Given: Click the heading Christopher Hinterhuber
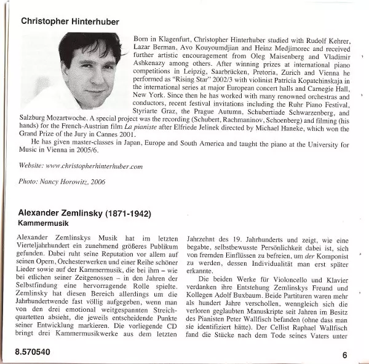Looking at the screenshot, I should pos(79,20).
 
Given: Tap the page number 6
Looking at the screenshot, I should pos(345,354).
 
